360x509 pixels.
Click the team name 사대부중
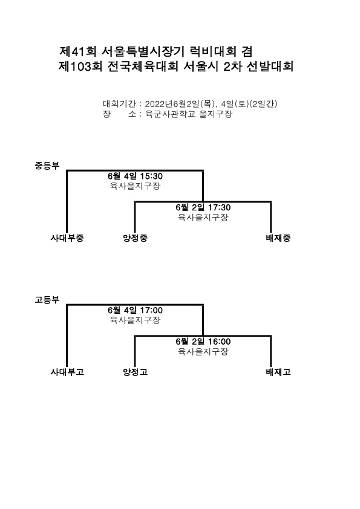point(67,238)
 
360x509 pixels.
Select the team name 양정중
point(135,238)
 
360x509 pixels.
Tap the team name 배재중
point(278,238)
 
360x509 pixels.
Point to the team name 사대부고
point(67,372)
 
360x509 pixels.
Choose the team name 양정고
point(135,372)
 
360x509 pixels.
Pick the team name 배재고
point(278,372)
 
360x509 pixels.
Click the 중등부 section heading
point(47,166)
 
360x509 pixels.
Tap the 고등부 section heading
point(47,299)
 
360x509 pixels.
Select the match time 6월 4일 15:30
point(135,177)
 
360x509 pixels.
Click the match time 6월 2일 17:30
point(203,207)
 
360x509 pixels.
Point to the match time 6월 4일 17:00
point(135,310)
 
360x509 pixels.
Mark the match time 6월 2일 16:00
point(203,342)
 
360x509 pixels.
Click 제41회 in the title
point(77,51)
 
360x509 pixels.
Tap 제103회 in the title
point(80,66)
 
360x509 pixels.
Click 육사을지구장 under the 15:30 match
point(135,186)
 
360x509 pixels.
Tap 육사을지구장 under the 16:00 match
point(203,351)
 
